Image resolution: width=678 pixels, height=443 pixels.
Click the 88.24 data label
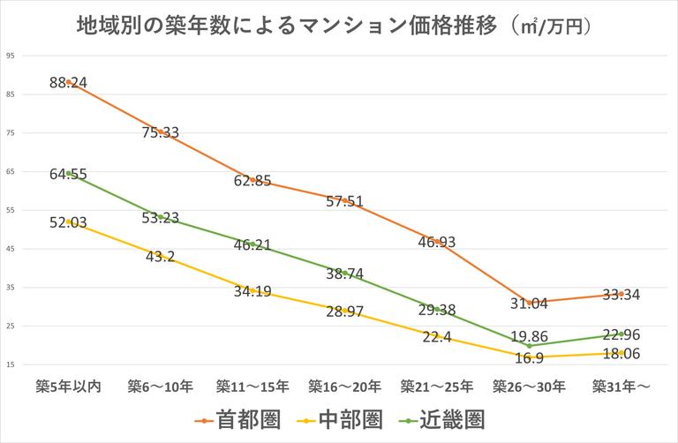68,82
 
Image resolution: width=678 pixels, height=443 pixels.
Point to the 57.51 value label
343,201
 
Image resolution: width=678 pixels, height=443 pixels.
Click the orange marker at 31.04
528,303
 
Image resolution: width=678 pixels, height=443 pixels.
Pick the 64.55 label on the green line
68,174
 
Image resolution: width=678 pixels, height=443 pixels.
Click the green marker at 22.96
621,334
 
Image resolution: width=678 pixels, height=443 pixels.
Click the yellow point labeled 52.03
68,221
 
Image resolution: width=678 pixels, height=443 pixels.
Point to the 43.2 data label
160,256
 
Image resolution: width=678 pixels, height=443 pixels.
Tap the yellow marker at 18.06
621,353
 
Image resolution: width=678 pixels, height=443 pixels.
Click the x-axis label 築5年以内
68,386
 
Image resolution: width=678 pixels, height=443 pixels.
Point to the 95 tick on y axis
11,56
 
